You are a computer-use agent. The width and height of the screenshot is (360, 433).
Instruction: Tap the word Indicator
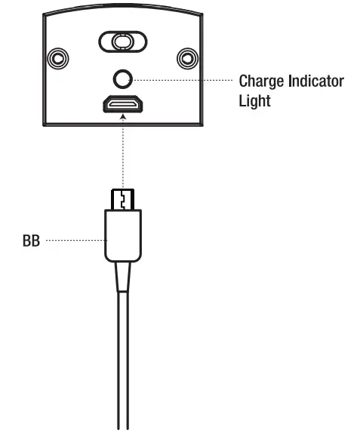point(316,81)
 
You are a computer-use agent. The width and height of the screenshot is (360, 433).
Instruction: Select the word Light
point(254,100)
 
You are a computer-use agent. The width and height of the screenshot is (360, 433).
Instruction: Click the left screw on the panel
point(56,57)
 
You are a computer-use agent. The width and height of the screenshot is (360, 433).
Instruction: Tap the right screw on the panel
point(186,57)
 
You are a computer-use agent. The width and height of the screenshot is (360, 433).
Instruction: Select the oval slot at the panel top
point(121,41)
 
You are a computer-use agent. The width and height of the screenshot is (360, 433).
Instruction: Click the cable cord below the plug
point(121,355)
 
